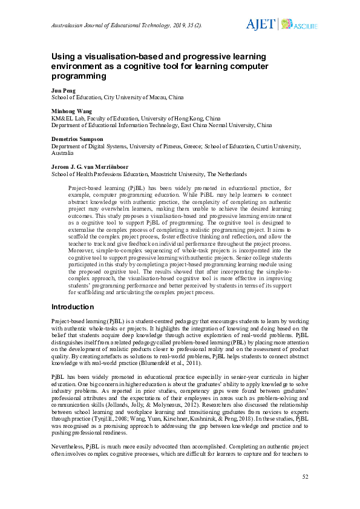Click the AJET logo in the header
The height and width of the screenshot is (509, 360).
coord(260,24)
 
